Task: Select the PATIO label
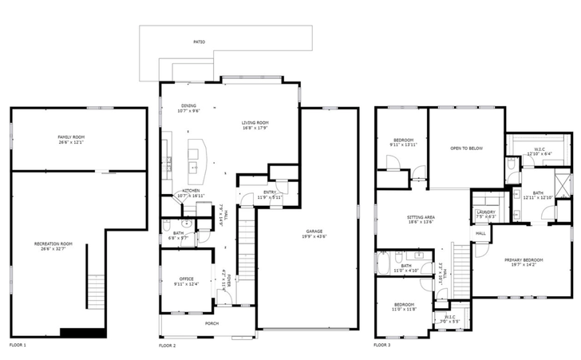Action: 198,42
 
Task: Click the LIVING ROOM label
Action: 256,122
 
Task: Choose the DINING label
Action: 189,105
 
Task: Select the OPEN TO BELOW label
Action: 466,148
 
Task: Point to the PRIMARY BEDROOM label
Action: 523,259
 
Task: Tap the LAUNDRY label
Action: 485,212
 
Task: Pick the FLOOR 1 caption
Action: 18,346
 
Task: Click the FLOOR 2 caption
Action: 168,346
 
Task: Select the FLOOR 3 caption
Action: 382,346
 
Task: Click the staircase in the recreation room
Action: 95,291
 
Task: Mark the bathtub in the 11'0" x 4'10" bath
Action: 384,262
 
